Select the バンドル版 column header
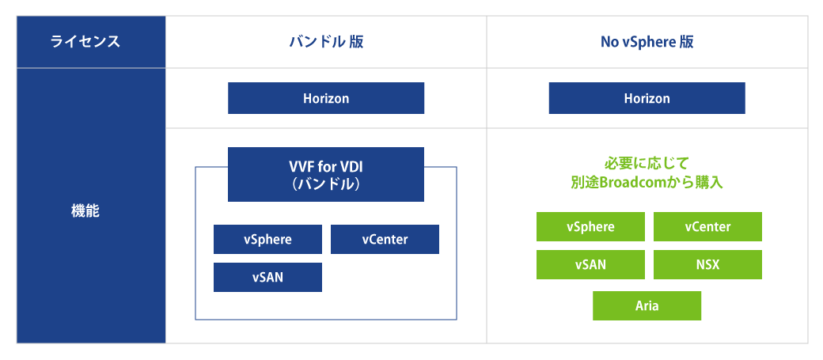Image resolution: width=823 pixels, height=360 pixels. tap(326, 42)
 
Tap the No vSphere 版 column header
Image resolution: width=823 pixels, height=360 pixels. tap(647, 42)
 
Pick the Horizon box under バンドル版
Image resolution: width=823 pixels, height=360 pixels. tap(326, 99)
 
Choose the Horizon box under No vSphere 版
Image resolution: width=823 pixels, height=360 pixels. tap(647, 99)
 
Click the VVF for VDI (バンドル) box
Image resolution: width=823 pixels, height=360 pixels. tap(326, 174)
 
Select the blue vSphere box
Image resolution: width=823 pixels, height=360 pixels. tap(267, 240)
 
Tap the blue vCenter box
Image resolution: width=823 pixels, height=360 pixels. tap(385, 240)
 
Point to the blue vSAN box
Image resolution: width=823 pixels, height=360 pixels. tap(267, 278)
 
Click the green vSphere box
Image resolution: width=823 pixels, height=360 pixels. tap(590, 227)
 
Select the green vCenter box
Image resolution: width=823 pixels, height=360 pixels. tap(707, 227)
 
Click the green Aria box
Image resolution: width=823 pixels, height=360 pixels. tap(647, 305)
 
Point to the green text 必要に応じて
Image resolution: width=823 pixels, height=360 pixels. tap(647, 164)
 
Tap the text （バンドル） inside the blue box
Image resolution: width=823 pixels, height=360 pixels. tap(326, 184)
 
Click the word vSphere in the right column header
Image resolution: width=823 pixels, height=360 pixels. tap(648, 42)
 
